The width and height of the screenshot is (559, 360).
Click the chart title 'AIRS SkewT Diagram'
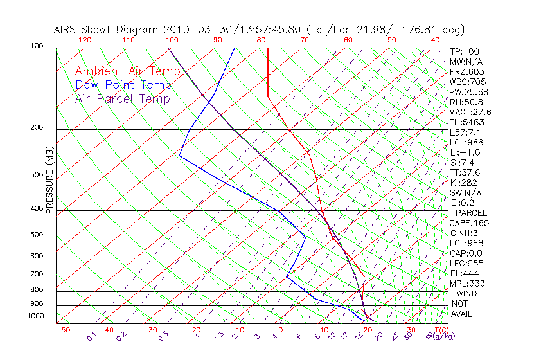pyautogui.click(x=107, y=30)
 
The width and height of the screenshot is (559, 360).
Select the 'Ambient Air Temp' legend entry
pyautogui.click(x=127, y=71)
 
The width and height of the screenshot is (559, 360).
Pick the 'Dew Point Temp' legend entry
pyautogui.click(x=123, y=85)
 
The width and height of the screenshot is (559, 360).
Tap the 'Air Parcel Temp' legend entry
pyautogui.click(x=122, y=98)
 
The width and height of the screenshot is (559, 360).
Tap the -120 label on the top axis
pyautogui.click(x=82, y=40)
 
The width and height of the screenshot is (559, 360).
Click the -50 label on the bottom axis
pyautogui.click(x=62, y=330)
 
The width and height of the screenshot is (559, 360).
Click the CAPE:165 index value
pyautogui.click(x=467, y=223)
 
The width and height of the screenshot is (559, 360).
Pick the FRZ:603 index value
pyautogui.click(x=466, y=71)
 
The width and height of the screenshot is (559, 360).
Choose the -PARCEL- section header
pyautogui.click(x=471, y=213)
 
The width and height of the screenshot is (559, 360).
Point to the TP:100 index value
pyautogui.click(x=464, y=51)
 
